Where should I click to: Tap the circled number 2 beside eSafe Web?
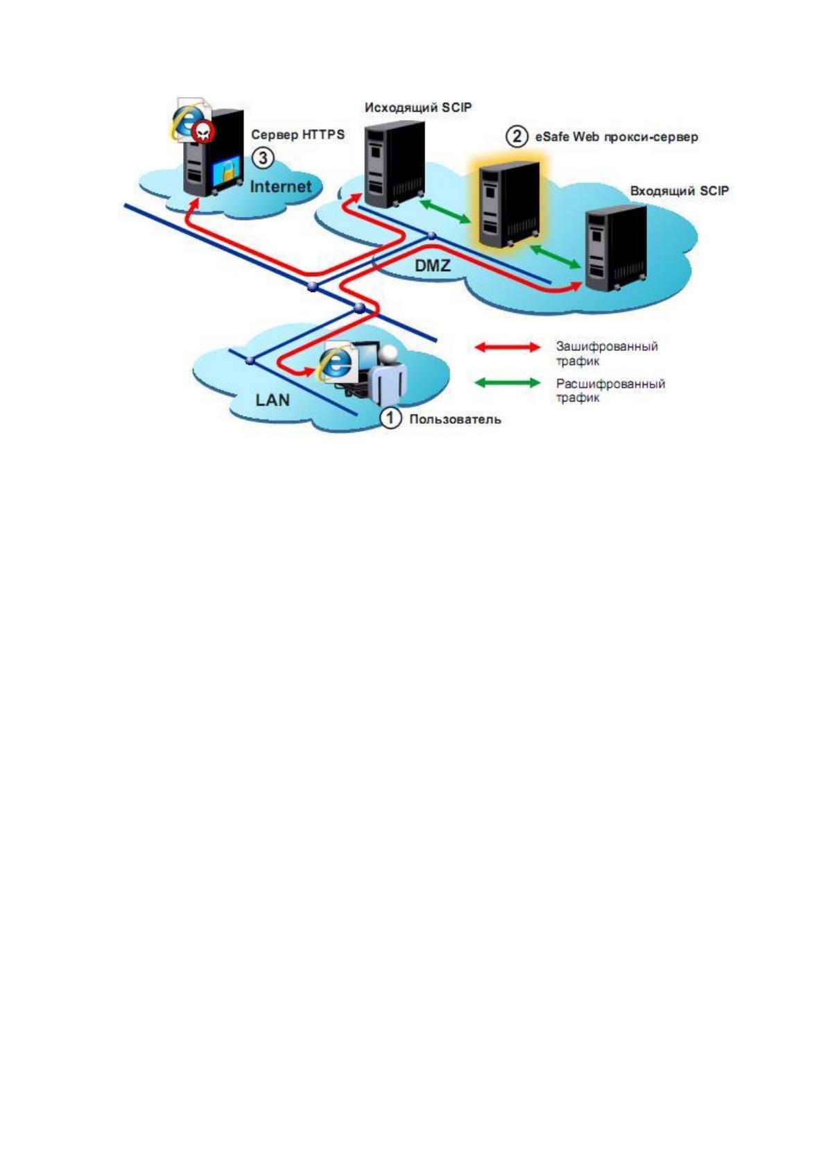pyautogui.click(x=516, y=137)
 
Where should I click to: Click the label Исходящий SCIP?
pyautogui.click(x=418, y=108)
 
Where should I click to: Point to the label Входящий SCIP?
pyautogui.click(x=679, y=191)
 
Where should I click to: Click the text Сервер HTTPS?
pyautogui.click(x=298, y=135)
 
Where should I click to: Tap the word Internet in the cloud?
pyautogui.click(x=281, y=186)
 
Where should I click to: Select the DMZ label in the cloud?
pyautogui.click(x=432, y=266)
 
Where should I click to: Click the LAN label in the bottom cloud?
pyautogui.click(x=272, y=400)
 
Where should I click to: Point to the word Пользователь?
pyautogui.click(x=455, y=419)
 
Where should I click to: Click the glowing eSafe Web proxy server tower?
pyautogui.click(x=509, y=205)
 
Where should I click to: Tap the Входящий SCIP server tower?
pyautogui.click(x=616, y=248)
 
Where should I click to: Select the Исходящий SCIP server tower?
pyautogui.click(x=394, y=164)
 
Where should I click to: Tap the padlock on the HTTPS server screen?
pyautogui.click(x=228, y=172)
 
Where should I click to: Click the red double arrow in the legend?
pyautogui.click(x=508, y=347)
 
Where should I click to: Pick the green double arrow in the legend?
pyautogui.click(x=508, y=384)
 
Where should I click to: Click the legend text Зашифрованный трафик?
pyautogui.click(x=607, y=354)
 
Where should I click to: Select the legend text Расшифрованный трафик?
pyautogui.click(x=610, y=390)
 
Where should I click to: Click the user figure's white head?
pyautogui.click(x=389, y=354)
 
